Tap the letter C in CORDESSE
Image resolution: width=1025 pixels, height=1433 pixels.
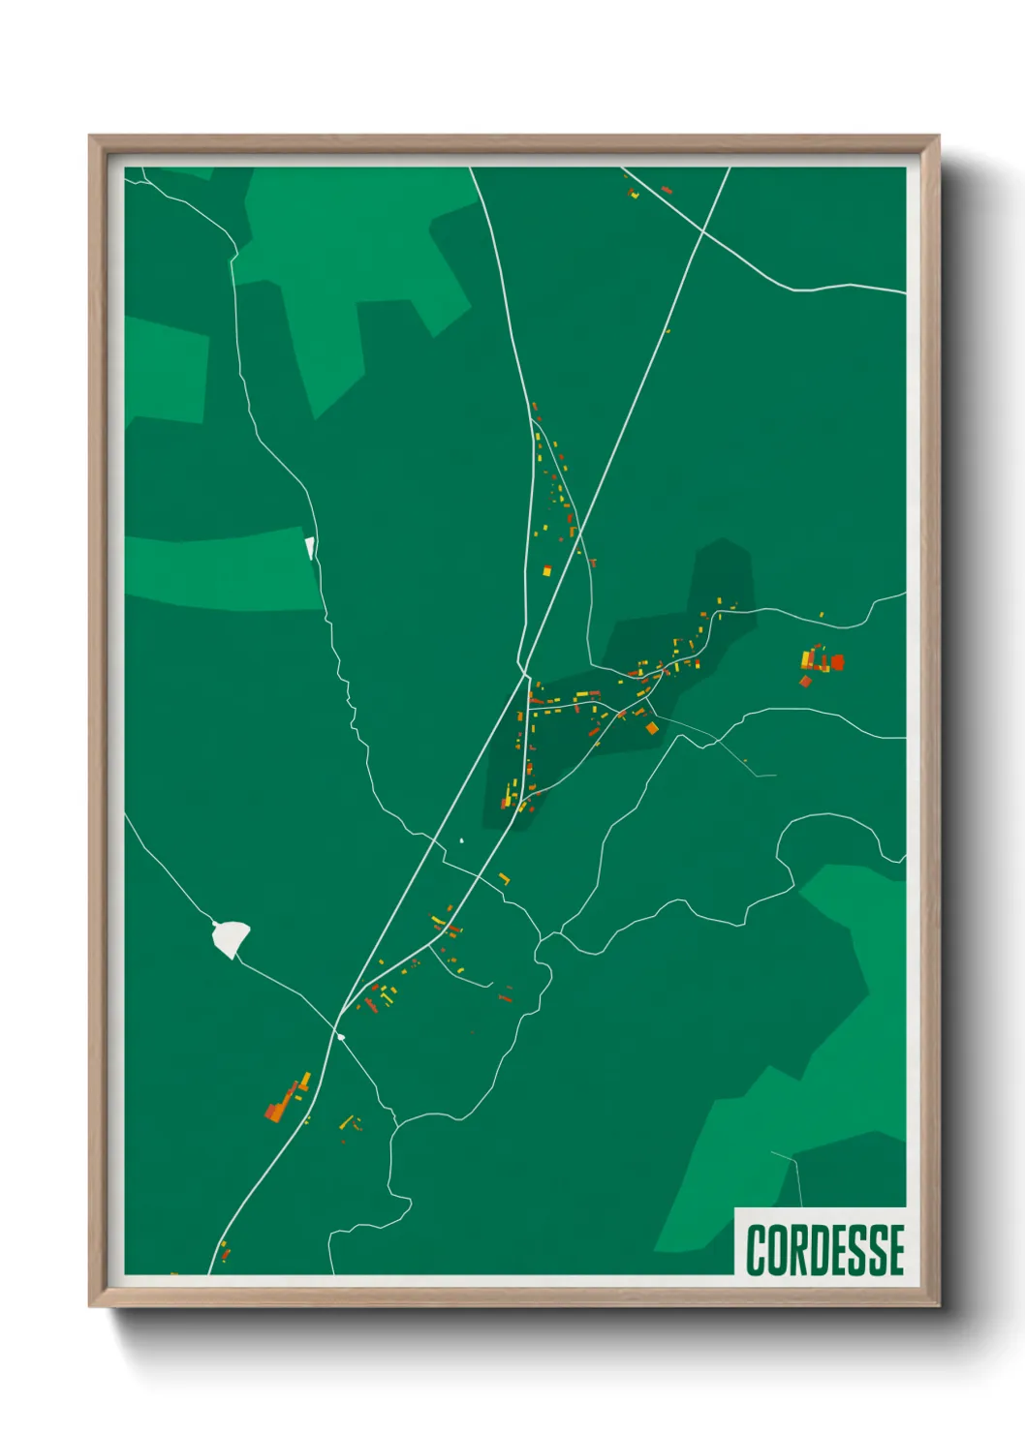pyautogui.click(x=756, y=1249)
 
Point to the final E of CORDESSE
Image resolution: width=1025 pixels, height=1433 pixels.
pyautogui.click(x=895, y=1249)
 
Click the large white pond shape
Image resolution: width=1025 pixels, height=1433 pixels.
pyautogui.click(x=231, y=937)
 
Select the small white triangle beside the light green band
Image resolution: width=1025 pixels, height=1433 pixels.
pyautogui.click(x=310, y=548)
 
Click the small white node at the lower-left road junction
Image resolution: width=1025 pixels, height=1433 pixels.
pyautogui.click(x=340, y=1037)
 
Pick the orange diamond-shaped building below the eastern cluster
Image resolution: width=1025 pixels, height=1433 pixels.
pyautogui.click(x=804, y=682)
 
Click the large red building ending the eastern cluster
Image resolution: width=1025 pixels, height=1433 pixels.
pyautogui.click(x=837, y=662)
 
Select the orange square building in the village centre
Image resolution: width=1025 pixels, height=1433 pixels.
pyautogui.click(x=652, y=728)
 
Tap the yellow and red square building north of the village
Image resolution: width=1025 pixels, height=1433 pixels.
pyautogui.click(x=546, y=570)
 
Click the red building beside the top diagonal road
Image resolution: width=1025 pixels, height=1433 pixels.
pyautogui.click(x=666, y=190)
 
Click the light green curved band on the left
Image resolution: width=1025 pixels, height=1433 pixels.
pyautogui.click(x=223, y=571)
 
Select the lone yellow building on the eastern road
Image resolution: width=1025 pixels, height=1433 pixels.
pyautogui.click(x=822, y=614)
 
